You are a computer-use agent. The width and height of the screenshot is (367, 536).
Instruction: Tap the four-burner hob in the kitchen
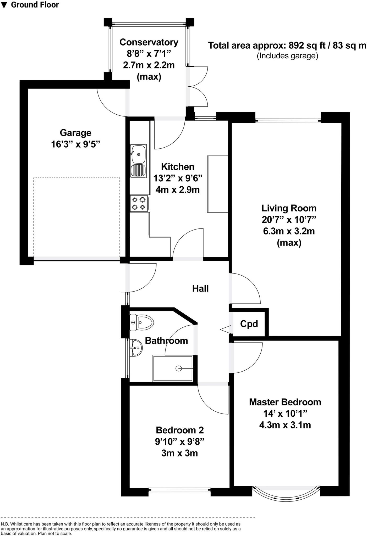click(x=139, y=203)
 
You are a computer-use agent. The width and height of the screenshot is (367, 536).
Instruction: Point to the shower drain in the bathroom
click(x=179, y=368)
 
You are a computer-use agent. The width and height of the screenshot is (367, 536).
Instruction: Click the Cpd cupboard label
click(x=249, y=324)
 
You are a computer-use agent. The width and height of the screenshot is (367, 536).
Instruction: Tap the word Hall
click(x=200, y=288)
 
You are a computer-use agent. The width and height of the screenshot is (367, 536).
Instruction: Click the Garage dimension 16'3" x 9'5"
click(x=76, y=144)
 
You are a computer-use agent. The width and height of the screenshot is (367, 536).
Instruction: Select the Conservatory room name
click(x=149, y=42)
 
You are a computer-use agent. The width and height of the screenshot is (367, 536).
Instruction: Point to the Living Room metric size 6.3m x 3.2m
click(x=289, y=231)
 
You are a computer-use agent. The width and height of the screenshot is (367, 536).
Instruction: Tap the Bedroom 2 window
click(x=179, y=489)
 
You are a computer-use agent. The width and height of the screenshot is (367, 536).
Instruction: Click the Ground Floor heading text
click(x=35, y=5)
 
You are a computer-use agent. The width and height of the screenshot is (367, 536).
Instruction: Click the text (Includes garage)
click(x=287, y=56)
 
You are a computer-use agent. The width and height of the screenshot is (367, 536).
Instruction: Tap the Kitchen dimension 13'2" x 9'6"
click(x=178, y=178)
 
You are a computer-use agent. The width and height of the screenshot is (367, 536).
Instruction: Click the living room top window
click(x=288, y=121)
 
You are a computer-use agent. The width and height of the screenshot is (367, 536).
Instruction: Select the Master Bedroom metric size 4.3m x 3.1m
click(x=285, y=425)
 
